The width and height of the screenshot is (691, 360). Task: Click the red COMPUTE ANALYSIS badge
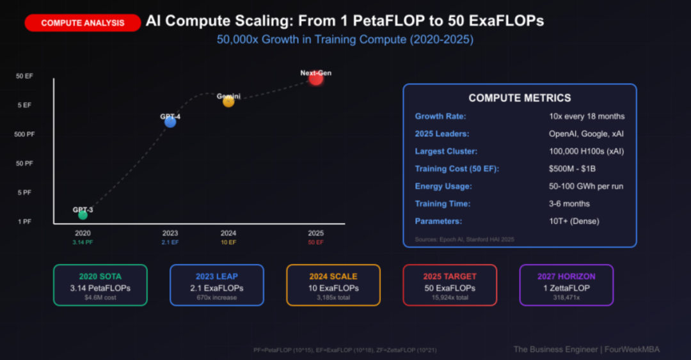click(x=83, y=23)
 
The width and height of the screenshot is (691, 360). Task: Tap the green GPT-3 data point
click(x=83, y=215)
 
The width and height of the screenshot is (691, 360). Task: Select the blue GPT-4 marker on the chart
click(x=170, y=121)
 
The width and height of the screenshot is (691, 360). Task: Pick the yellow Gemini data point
click(x=228, y=101)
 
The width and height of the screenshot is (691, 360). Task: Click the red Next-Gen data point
click(x=316, y=79)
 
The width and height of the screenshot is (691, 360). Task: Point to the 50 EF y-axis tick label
click(x=24, y=76)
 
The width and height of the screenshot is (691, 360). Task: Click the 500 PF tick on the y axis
click(x=24, y=134)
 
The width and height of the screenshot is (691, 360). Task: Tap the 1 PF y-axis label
click(x=24, y=222)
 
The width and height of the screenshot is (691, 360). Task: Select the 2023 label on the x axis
click(x=170, y=233)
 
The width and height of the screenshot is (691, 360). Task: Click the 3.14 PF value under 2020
click(x=83, y=243)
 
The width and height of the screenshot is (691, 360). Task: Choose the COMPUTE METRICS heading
click(x=520, y=98)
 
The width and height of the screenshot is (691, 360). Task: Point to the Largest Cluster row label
click(x=446, y=152)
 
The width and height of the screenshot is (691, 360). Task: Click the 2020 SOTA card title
click(x=100, y=276)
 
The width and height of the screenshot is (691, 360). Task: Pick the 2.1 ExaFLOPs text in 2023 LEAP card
click(x=216, y=288)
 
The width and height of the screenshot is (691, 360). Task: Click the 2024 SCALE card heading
click(x=333, y=276)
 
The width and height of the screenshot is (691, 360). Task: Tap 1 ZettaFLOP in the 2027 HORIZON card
click(x=566, y=288)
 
